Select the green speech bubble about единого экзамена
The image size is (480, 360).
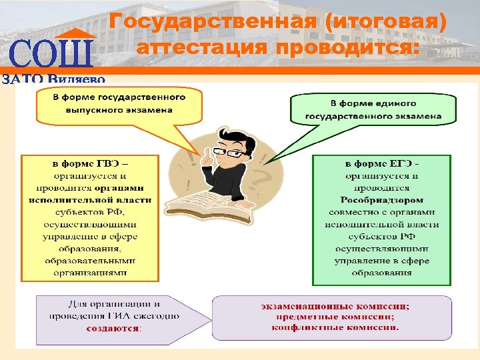pyautogui.click(x=373, y=109)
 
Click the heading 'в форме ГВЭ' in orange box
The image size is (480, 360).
pyautogui.click(x=91, y=163)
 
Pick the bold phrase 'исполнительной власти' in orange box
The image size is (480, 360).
pyautogui.click(x=91, y=199)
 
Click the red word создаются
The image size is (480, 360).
pyautogui.click(x=113, y=328)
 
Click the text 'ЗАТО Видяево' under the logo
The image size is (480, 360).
pyautogui.click(x=53, y=79)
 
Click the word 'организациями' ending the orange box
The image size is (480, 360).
pyautogui.click(x=91, y=272)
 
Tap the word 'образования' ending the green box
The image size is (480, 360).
pyautogui.click(x=382, y=272)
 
